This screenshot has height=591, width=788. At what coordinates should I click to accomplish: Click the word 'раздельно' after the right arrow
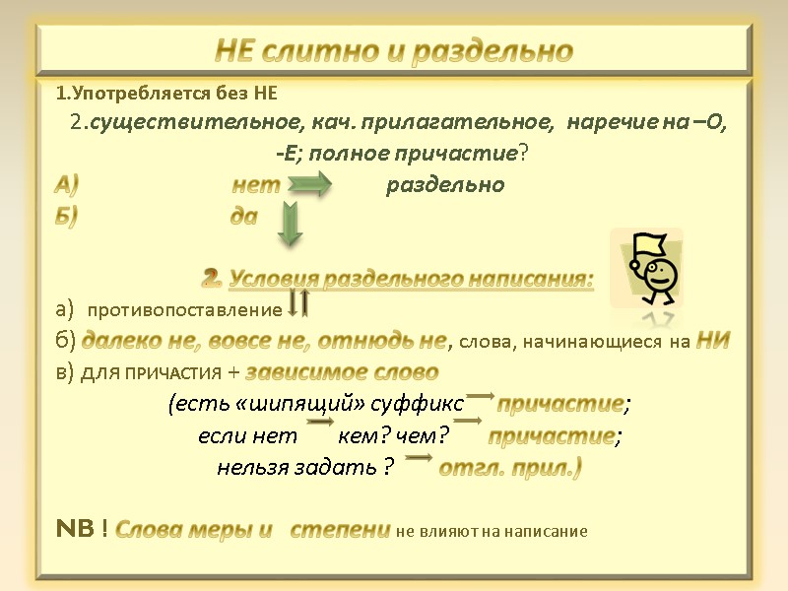pyautogui.click(x=444, y=185)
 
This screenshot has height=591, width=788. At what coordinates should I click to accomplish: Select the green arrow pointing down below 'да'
pyautogui.click(x=289, y=224)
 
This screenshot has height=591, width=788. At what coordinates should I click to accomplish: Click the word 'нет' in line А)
pyautogui.click(x=256, y=185)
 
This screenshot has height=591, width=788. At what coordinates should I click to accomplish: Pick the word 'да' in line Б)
pyautogui.click(x=243, y=217)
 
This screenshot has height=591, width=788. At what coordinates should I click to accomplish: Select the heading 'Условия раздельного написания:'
pyautogui.click(x=411, y=280)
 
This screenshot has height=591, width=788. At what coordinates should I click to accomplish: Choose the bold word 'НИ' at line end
pyautogui.click(x=712, y=341)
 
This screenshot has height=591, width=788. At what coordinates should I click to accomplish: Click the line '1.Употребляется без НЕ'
pyautogui.click(x=166, y=95)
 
